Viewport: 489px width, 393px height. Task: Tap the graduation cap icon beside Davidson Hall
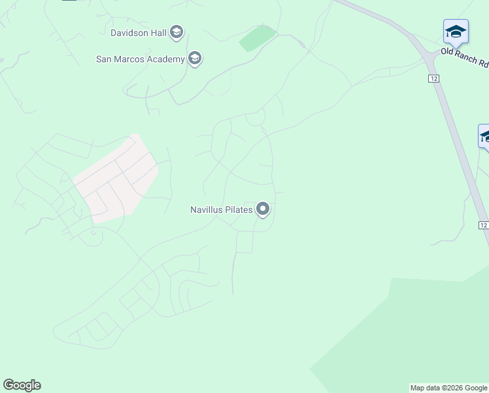point(176,31)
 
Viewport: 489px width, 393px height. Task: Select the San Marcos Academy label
point(140,59)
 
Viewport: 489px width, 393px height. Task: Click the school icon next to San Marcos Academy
point(194,59)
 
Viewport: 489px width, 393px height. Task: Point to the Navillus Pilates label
point(221,210)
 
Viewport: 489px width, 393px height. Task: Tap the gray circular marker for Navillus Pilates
point(263,210)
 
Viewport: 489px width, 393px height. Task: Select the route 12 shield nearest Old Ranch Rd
point(434,78)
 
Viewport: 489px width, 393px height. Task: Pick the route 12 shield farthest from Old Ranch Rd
point(483,225)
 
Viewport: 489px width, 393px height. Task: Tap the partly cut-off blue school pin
point(484,137)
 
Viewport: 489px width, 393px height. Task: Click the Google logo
point(22,385)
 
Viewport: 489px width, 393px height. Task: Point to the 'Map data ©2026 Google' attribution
point(448,388)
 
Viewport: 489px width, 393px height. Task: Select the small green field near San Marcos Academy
point(258,39)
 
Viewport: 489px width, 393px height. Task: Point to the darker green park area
point(418,334)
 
